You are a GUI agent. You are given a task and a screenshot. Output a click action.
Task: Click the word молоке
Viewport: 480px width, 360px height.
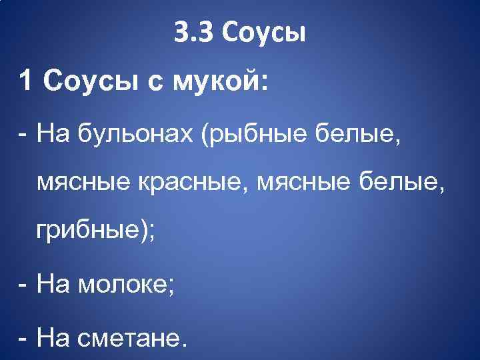tap(127, 285)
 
